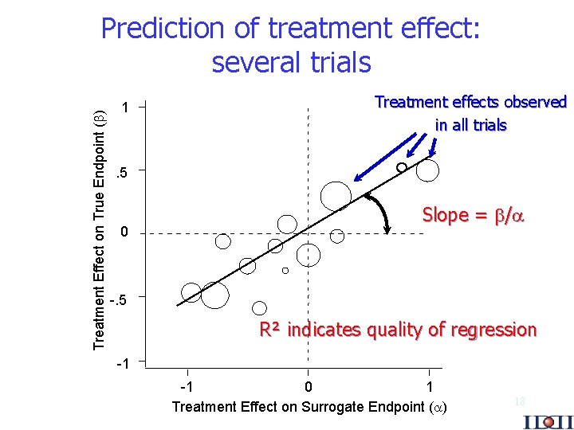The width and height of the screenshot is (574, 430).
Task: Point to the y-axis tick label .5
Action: [x=121, y=171]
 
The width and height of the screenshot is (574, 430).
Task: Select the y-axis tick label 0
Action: [x=124, y=233]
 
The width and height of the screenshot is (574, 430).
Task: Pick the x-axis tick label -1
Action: [x=186, y=387]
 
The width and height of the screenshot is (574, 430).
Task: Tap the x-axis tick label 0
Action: [x=309, y=387]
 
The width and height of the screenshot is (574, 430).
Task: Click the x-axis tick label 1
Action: [x=430, y=387]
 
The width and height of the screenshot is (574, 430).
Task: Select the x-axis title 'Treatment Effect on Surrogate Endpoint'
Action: [x=309, y=407]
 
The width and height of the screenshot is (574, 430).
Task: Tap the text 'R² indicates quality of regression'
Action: [x=398, y=330]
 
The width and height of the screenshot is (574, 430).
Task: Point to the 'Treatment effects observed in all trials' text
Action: [x=470, y=113]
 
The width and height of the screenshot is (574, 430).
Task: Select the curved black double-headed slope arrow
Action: [x=381, y=211]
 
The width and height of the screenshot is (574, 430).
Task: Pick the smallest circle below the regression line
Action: [x=285, y=271]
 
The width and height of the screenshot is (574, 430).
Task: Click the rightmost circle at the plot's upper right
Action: [x=428, y=170]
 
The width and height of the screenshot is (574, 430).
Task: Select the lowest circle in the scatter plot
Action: [x=259, y=308]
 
